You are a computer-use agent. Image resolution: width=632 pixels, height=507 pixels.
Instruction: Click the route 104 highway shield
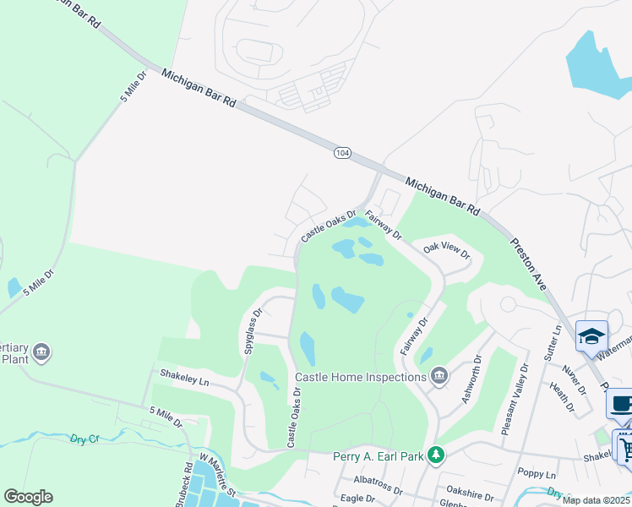pos(341,153)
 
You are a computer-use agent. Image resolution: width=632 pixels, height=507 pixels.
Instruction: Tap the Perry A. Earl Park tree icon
pos(436,455)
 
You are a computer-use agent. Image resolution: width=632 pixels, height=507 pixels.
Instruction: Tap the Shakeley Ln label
pos(183,377)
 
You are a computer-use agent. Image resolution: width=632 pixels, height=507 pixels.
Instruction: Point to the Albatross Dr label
pos(378,484)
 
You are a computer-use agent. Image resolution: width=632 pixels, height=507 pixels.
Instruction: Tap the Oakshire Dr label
pos(469,486)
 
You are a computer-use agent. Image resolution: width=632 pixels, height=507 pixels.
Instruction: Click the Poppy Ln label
pos(537,474)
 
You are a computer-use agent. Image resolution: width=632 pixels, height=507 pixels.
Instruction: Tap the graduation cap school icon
pos(591,335)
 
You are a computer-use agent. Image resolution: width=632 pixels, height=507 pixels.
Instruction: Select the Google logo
pos(29,496)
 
